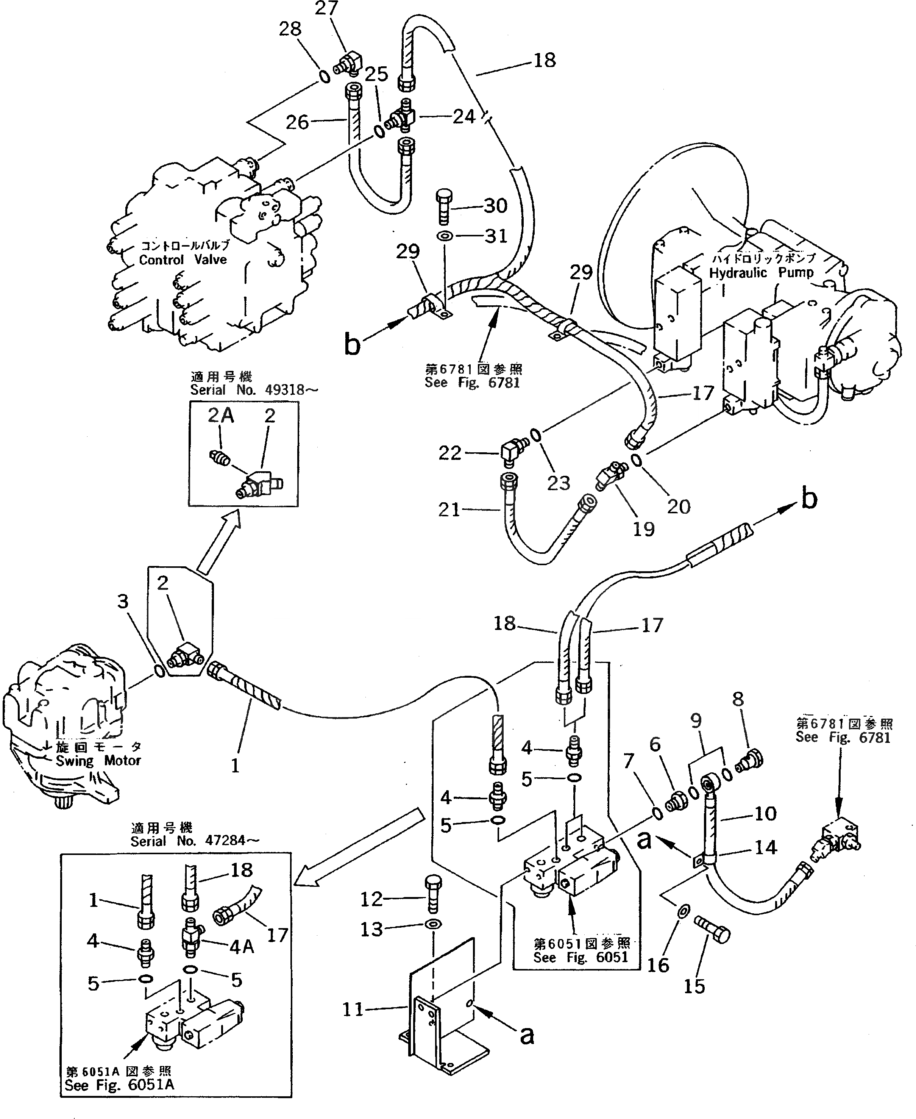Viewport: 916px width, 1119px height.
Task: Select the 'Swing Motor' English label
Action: [x=98, y=761]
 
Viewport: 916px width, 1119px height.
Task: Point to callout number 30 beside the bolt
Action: [x=495, y=205]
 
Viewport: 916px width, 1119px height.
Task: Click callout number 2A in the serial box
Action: [x=220, y=416]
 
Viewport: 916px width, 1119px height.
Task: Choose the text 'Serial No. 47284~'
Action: [x=195, y=841]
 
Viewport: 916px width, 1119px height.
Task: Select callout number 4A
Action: [x=242, y=947]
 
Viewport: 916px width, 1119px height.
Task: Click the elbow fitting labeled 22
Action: [x=511, y=452]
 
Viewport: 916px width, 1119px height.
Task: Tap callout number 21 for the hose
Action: [x=449, y=509]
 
